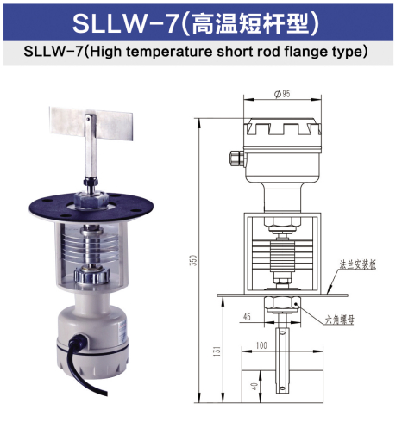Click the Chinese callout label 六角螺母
click(x=343, y=320)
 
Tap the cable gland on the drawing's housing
click(x=235, y=157)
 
